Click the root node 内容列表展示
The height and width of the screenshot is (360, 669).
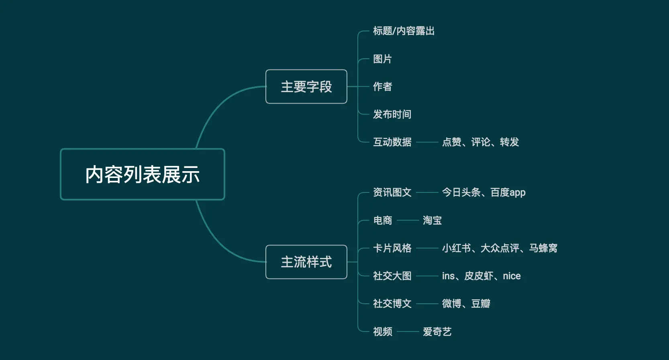click(143, 174)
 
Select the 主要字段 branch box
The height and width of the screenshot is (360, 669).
click(306, 87)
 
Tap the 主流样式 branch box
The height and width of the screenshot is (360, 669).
click(306, 262)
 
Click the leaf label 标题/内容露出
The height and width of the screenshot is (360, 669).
click(404, 31)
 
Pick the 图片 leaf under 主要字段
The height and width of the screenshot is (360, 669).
click(382, 59)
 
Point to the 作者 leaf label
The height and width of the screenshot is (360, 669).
click(382, 87)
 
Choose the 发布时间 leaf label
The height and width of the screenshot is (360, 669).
click(392, 115)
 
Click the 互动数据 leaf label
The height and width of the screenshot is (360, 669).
click(392, 142)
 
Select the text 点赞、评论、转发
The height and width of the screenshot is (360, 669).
click(480, 142)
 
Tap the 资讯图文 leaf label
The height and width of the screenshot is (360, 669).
click(392, 192)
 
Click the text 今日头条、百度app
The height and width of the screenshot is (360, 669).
click(483, 192)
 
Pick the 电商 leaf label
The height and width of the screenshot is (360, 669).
click(382, 221)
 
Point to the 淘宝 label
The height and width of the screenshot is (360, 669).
click(432, 221)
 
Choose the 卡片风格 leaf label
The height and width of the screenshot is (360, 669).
click(392, 248)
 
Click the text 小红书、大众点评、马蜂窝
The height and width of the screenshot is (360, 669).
click(500, 248)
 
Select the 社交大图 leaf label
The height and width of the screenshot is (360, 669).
click(392, 276)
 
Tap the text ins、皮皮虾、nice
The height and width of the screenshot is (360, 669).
click(481, 276)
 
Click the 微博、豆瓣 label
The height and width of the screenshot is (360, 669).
click(466, 304)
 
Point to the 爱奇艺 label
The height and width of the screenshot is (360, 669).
click(437, 332)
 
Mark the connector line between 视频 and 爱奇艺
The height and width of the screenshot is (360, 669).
click(408, 332)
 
